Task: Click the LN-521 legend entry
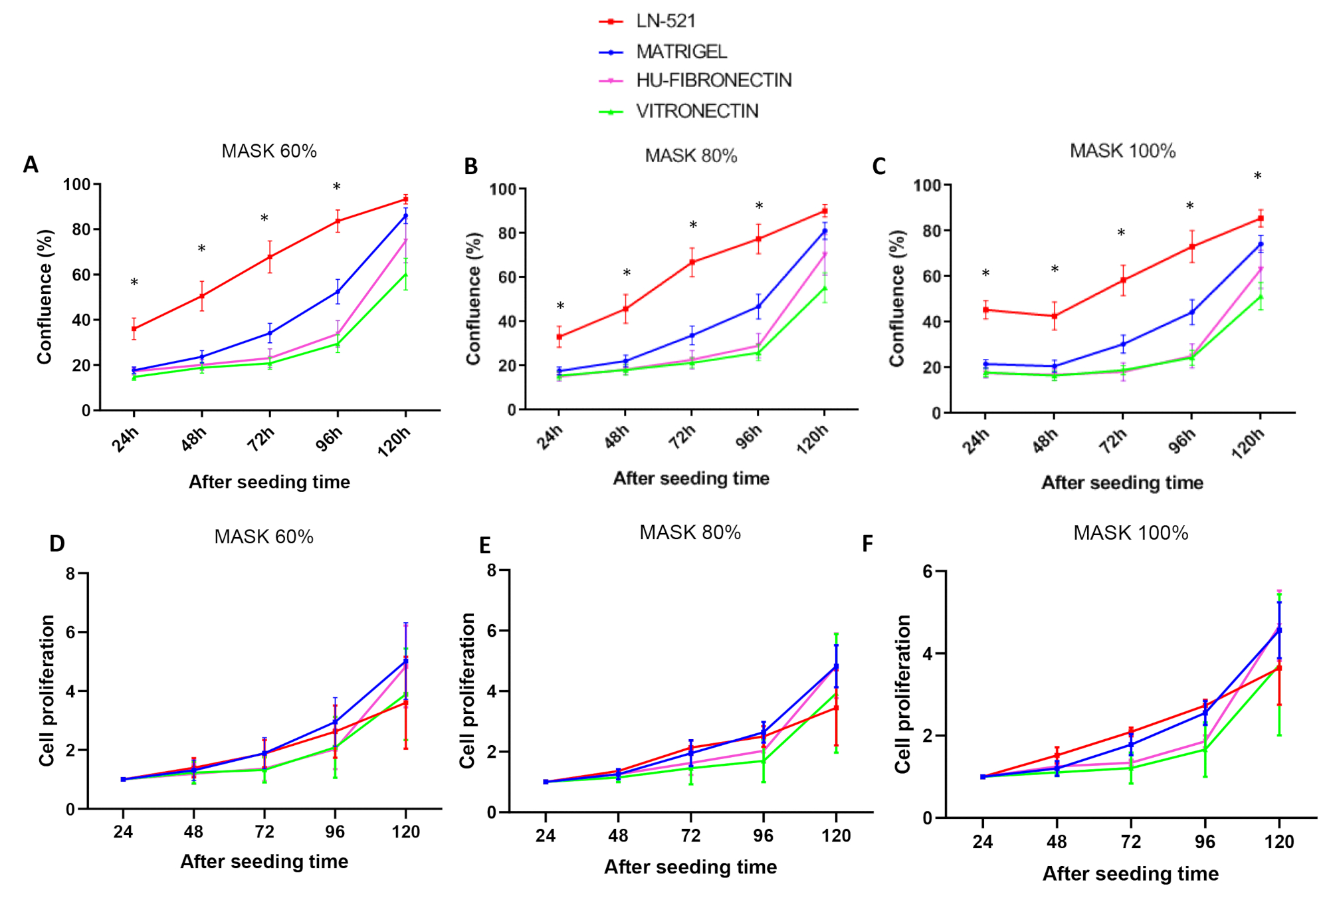click(665, 21)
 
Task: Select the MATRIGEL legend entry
click(681, 51)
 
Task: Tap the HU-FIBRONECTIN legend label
click(714, 80)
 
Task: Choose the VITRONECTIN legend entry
click(697, 111)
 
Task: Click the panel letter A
click(31, 165)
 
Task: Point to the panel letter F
click(867, 544)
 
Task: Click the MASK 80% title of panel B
click(691, 156)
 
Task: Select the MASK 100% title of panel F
click(1130, 533)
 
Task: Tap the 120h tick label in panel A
click(394, 442)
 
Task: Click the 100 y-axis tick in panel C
click(927, 185)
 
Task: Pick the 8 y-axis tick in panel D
click(70, 574)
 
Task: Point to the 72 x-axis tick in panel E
click(691, 836)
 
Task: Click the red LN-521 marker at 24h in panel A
click(134, 329)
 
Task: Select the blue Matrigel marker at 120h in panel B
click(825, 231)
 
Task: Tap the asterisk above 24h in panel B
click(560, 306)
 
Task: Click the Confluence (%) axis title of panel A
click(45, 296)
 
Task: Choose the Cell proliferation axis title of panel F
click(902, 694)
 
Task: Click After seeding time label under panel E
click(690, 867)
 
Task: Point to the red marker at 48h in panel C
click(1054, 316)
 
